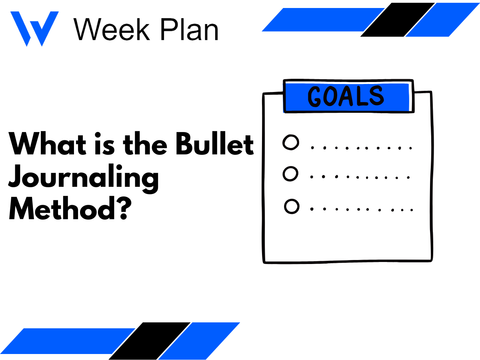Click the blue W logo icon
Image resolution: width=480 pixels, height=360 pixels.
pyautogui.click(x=34, y=28)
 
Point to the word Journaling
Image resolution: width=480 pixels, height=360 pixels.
pyautogui.click(x=84, y=178)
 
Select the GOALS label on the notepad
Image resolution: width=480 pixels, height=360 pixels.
pyautogui.click(x=346, y=96)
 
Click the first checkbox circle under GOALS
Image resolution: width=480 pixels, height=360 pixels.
pyautogui.click(x=291, y=143)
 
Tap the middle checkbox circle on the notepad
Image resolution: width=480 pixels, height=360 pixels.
pyautogui.click(x=291, y=174)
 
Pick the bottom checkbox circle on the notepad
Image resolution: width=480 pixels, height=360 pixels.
pyautogui.click(x=292, y=207)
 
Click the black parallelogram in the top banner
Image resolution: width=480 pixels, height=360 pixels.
pyautogui.click(x=398, y=20)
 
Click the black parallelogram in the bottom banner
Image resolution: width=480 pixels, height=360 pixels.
pyautogui.click(x=150, y=340)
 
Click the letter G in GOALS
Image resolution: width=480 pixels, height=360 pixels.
pyautogui.click(x=316, y=97)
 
